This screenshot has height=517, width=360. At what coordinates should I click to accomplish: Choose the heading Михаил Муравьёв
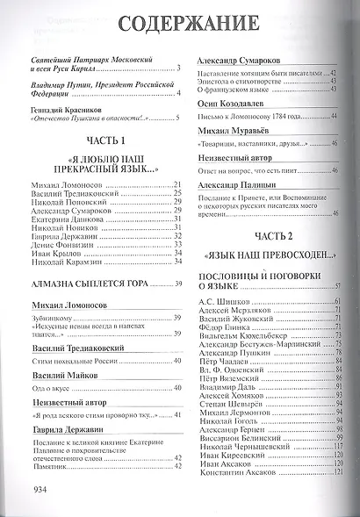point(230,129)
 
